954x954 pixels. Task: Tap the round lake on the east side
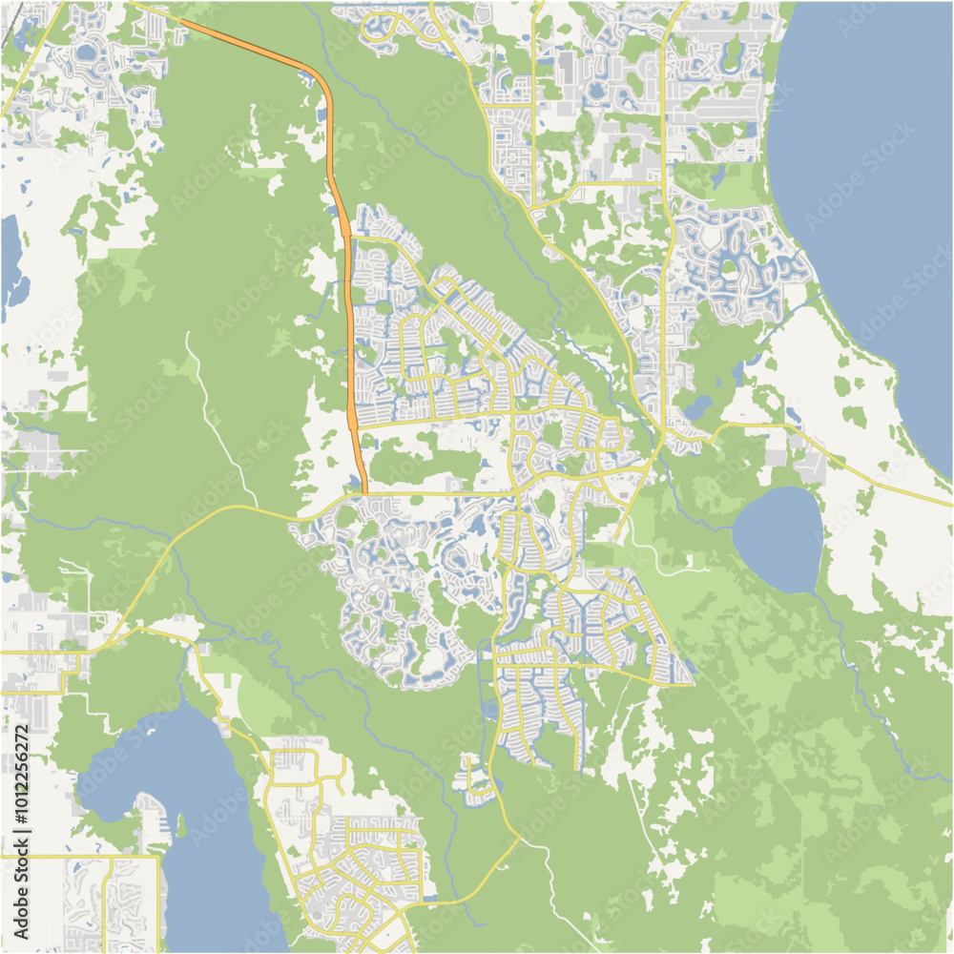[x=778, y=538]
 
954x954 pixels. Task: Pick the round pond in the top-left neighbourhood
[x=87, y=52]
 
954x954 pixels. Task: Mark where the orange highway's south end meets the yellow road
[x=364, y=493]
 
